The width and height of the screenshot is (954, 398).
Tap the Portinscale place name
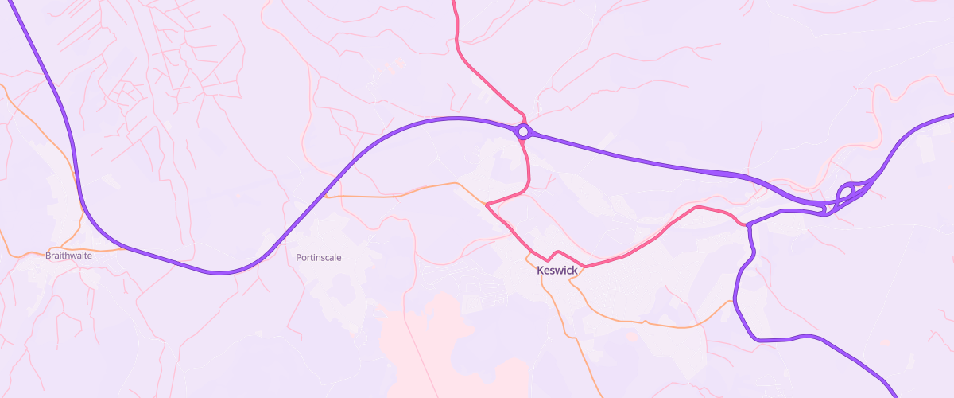(318, 257)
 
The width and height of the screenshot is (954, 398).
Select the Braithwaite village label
(68, 256)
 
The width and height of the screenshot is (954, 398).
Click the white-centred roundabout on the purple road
(522, 131)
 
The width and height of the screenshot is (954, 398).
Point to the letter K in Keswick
(541, 271)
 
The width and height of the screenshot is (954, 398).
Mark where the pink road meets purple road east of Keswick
(748, 225)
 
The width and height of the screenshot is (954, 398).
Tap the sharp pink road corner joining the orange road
(486, 204)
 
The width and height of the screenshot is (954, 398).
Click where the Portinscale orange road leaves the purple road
(326, 195)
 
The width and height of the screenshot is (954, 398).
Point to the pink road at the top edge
(454, 3)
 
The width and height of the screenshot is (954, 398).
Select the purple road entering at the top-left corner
(11, 4)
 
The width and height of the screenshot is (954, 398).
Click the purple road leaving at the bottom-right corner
(890, 392)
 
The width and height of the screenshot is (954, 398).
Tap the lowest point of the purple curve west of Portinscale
(219, 273)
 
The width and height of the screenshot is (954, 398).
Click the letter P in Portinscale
(299, 257)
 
